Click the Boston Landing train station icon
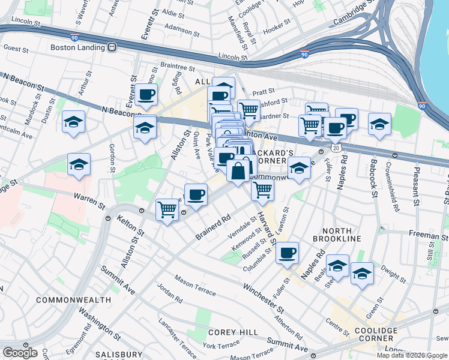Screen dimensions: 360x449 coord(112,47)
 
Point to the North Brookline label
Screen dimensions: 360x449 coord(341,235)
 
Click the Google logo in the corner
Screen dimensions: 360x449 coord(20,353)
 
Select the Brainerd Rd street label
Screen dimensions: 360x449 coord(213,229)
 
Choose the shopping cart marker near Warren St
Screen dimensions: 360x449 coord(167,210)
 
